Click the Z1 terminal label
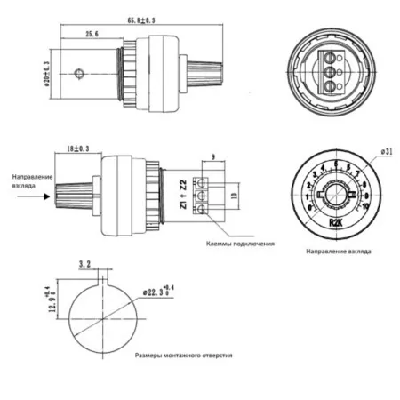184,205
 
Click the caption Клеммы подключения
241,243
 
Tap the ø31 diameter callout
386,152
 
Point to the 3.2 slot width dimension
84,265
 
